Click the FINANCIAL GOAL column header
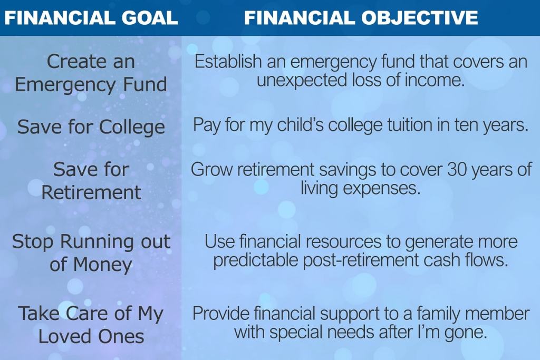pyautogui.click(x=91, y=17)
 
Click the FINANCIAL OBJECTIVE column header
pyautogui.click(x=361, y=17)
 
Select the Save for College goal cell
pyautogui.click(x=91, y=127)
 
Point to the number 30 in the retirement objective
pyautogui.click(x=457, y=169)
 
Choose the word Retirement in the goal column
pyautogui.click(x=91, y=192)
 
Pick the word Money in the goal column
pyautogui.click(x=102, y=265)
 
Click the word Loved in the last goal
pyautogui.click(x=65, y=336)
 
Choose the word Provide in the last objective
pyautogui.click(x=220, y=314)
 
